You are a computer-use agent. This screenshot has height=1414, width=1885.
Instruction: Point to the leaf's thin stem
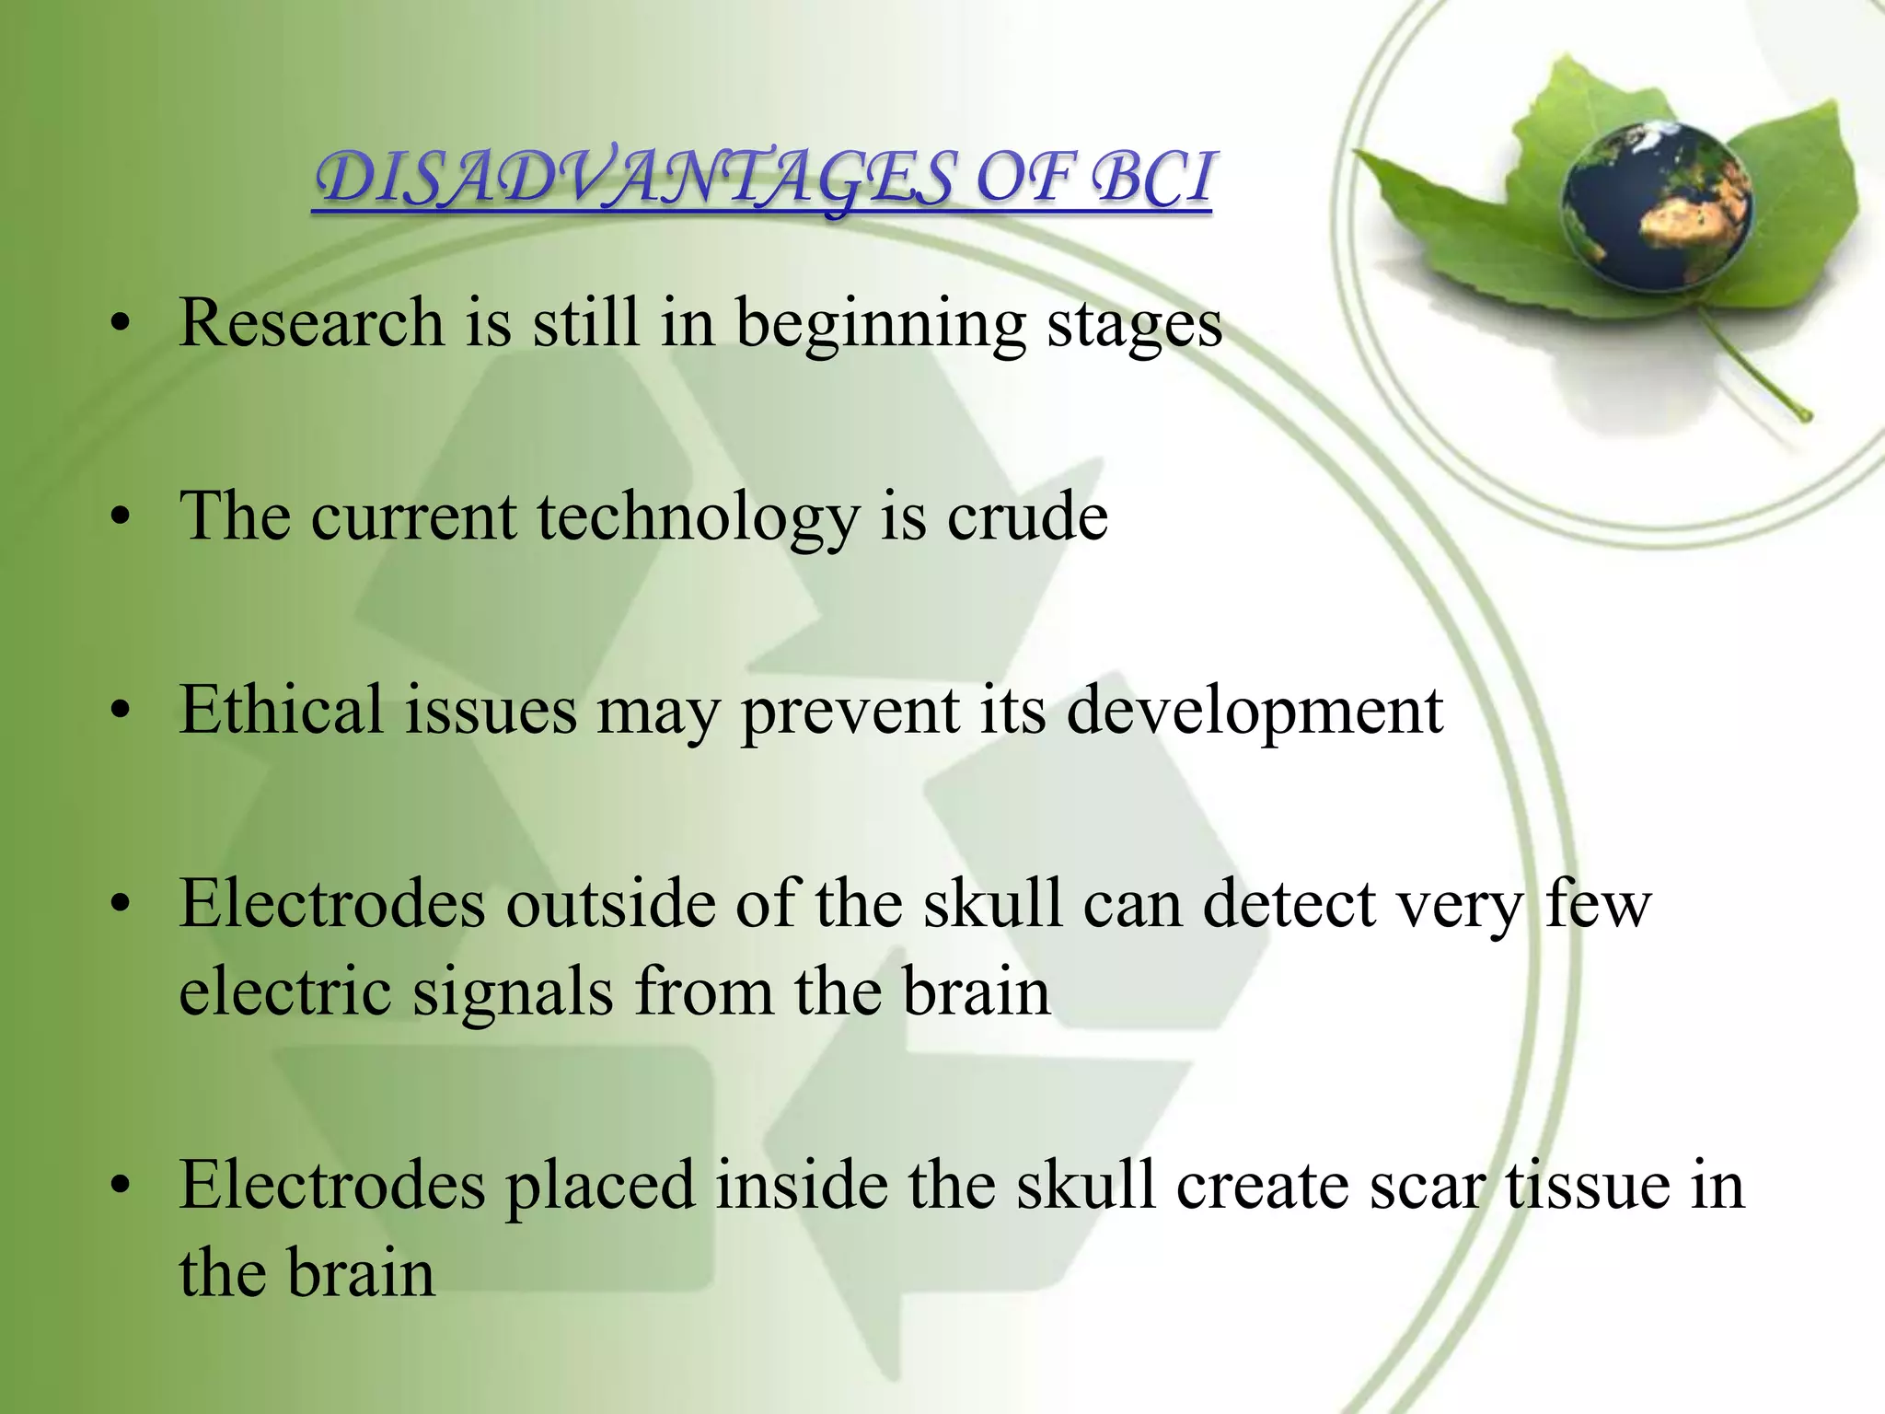1753,365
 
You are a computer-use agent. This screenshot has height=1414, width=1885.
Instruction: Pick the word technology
698,518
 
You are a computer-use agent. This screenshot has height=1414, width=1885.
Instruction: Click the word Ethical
281,710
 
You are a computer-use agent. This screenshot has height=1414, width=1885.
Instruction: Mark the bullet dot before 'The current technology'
119,518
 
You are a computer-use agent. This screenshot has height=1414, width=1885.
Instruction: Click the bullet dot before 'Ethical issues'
119,712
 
